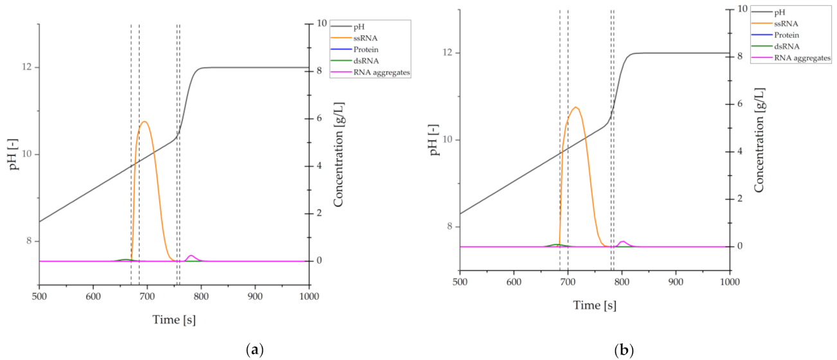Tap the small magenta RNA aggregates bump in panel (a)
pos(191,256)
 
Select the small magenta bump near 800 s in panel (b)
pos(622,242)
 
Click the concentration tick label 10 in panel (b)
pos(742,9)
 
